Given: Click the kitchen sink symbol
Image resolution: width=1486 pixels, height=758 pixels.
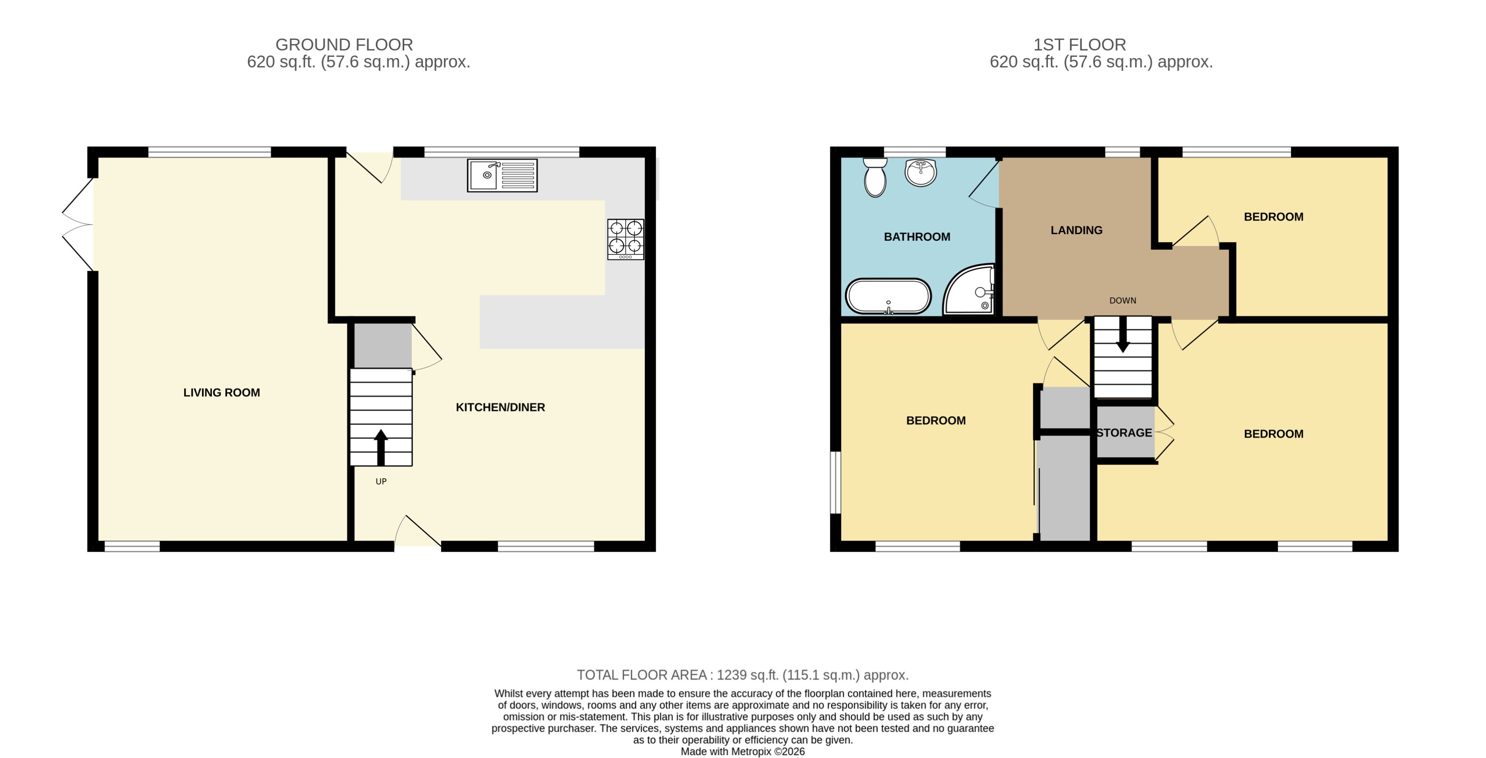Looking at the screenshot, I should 502,175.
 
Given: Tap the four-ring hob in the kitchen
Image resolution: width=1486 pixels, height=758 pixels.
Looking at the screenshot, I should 625,239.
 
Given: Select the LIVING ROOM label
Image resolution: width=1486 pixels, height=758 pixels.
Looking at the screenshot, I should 222,393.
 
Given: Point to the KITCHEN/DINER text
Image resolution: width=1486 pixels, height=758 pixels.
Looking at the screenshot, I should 500,407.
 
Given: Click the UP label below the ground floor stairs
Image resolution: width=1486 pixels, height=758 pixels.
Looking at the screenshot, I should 381,482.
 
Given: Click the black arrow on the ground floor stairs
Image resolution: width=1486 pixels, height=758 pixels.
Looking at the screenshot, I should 381,447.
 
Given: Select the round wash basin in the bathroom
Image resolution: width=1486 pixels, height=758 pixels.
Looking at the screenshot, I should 920,172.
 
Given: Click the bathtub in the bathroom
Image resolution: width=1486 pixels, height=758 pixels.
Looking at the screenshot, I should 888,296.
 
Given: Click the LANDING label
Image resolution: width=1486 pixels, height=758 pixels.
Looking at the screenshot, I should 1076,230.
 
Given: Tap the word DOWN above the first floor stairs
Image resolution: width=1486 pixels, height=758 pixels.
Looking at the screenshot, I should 1123,301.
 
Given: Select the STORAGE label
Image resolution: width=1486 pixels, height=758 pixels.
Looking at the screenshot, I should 1124,433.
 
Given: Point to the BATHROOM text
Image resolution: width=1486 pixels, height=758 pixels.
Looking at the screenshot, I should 917,237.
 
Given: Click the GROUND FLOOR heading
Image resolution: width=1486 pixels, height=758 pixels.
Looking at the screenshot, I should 344,45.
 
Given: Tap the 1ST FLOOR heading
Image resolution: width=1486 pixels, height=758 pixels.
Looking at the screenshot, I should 1079,45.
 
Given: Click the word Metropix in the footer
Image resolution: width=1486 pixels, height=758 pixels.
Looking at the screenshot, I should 751,752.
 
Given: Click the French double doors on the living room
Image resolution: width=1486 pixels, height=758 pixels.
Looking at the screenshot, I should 78,224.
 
